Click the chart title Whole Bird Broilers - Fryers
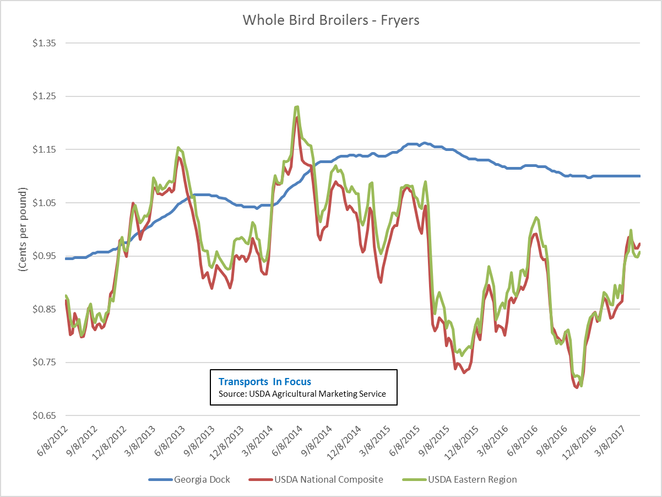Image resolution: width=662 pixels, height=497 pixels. tap(331, 20)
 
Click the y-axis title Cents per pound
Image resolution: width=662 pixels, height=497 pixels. tap(23, 229)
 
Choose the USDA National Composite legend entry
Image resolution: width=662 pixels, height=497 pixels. tap(328, 479)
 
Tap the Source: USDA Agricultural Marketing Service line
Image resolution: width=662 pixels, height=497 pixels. tap(302, 393)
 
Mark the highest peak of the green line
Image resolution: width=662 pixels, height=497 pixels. tap(297, 107)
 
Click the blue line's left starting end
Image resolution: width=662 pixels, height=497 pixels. tap(66, 258)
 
